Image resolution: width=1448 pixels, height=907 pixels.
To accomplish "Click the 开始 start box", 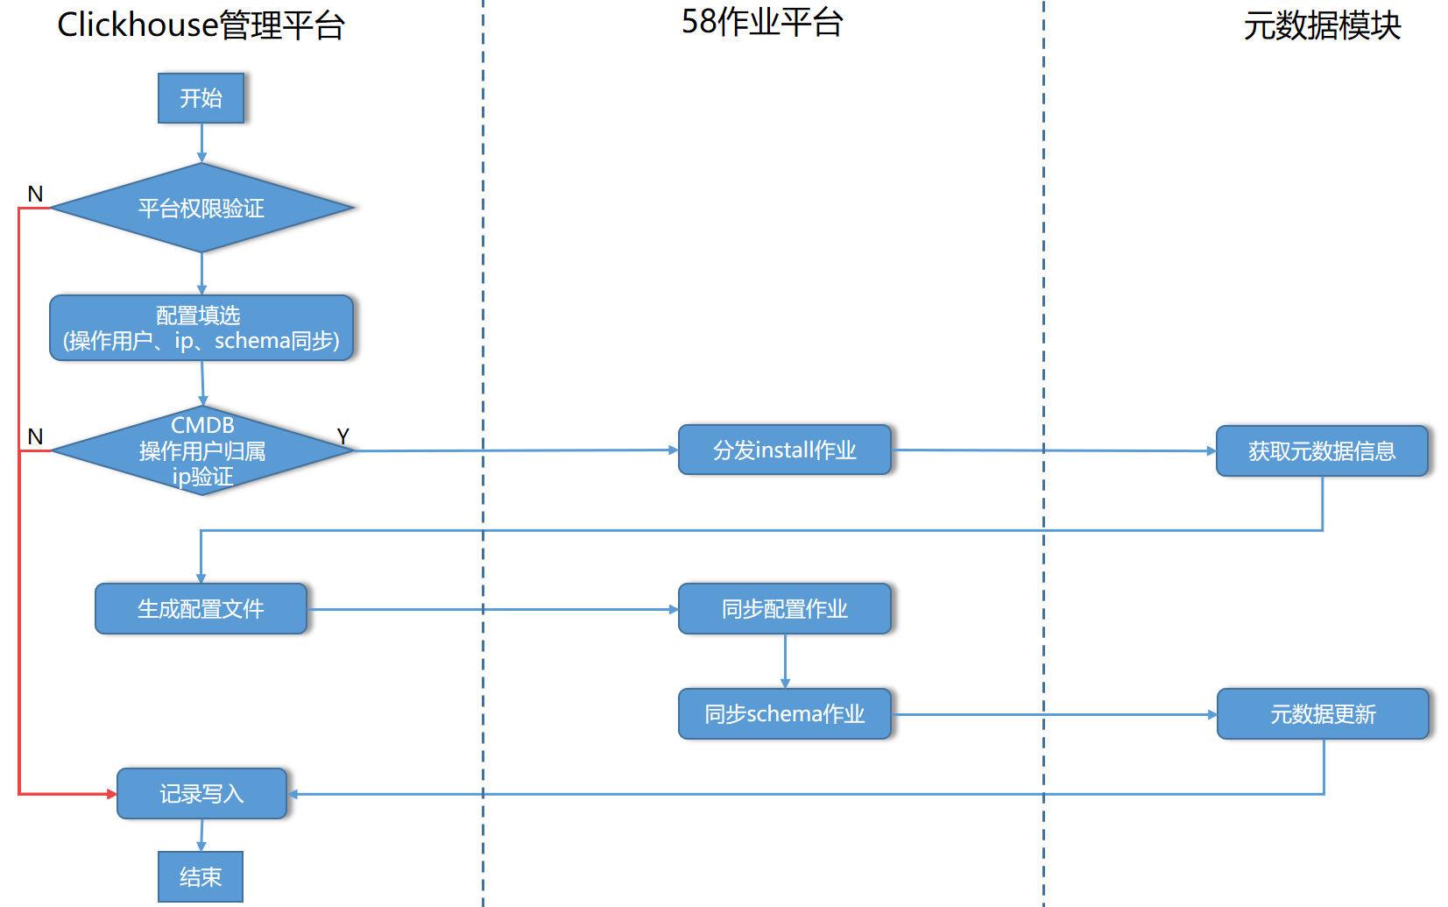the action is point(201,97).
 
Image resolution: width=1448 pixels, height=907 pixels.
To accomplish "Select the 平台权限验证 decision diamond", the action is point(202,208).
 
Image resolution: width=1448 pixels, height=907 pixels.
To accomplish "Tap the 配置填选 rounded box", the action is point(201,328).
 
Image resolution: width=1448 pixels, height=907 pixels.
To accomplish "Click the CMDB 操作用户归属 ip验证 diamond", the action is point(203,450).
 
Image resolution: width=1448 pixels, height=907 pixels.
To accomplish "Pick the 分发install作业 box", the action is point(785,450).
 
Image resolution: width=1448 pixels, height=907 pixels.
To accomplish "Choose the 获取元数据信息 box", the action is point(1322,450).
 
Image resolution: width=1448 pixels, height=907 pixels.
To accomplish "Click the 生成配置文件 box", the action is point(201,608).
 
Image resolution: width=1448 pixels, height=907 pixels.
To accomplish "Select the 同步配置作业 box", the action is point(785,608).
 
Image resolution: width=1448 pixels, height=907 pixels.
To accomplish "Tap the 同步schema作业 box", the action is point(785,713).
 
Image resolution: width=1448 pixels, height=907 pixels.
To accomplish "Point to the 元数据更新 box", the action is point(1323,713).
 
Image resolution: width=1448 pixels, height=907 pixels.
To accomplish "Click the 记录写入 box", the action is point(201,793).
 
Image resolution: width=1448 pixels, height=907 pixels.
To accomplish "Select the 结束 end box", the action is point(201,876).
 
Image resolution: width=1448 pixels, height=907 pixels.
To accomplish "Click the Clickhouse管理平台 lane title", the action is point(201,25).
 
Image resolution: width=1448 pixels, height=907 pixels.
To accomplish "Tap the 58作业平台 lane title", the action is point(762,22).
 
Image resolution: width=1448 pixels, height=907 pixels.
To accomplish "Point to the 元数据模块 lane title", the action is point(1322,26).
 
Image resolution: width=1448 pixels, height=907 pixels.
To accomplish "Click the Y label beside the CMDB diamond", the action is point(343,436).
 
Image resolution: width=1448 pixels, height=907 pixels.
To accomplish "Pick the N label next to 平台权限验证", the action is point(36,194).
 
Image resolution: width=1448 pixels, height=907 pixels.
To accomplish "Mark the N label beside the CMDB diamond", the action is point(36,437).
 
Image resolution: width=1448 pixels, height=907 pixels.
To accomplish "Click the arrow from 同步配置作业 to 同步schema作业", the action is point(786,662).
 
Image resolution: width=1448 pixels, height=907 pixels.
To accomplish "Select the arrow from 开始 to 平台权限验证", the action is point(201,143).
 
